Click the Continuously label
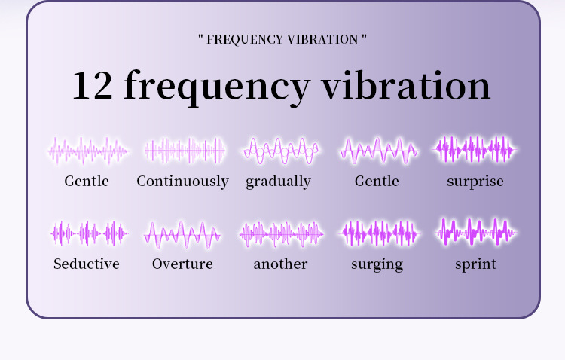pyautogui.click(x=182, y=182)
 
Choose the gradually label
pyautogui.click(x=278, y=182)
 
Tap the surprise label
pyautogui.click(x=475, y=182)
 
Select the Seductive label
pyautogui.click(x=87, y=264)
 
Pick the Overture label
pyautogui.click(x=182, y=264)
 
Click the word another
pyautogui.click(x=280, y=264)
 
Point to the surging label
pyautogui.click(x=377, y=264)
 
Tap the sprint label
pyautogui.click(x=475, y=264)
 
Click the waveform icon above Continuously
pyautogui.click(x=185, y=151)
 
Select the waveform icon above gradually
pyautogui.click(x=280, y=151)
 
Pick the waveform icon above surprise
pyautogui.click(x=475, y=149)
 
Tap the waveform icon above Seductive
pyautogui.click(x=87, y=233)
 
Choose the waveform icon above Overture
pyautogui.click(x=183, y=234)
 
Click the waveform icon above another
pyautogui.click(x=280, y=233)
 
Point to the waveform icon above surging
pyautogui.click(x=377, y=233)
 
